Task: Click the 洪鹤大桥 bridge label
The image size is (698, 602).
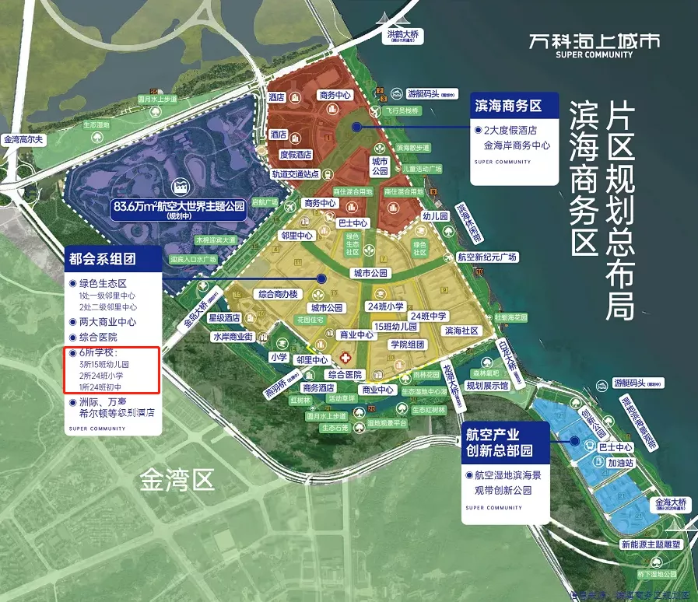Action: point(403,35)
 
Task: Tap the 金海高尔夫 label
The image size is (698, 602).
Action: point(25,140)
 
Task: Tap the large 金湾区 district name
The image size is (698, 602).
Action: point(177,480)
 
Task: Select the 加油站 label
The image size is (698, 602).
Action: point(622,462)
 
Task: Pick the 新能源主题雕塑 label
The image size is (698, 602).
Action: point(651,544)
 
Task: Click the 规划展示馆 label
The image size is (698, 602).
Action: point(487,384)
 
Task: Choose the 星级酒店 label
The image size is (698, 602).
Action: point(223,317)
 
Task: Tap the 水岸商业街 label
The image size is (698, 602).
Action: point(233,337)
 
